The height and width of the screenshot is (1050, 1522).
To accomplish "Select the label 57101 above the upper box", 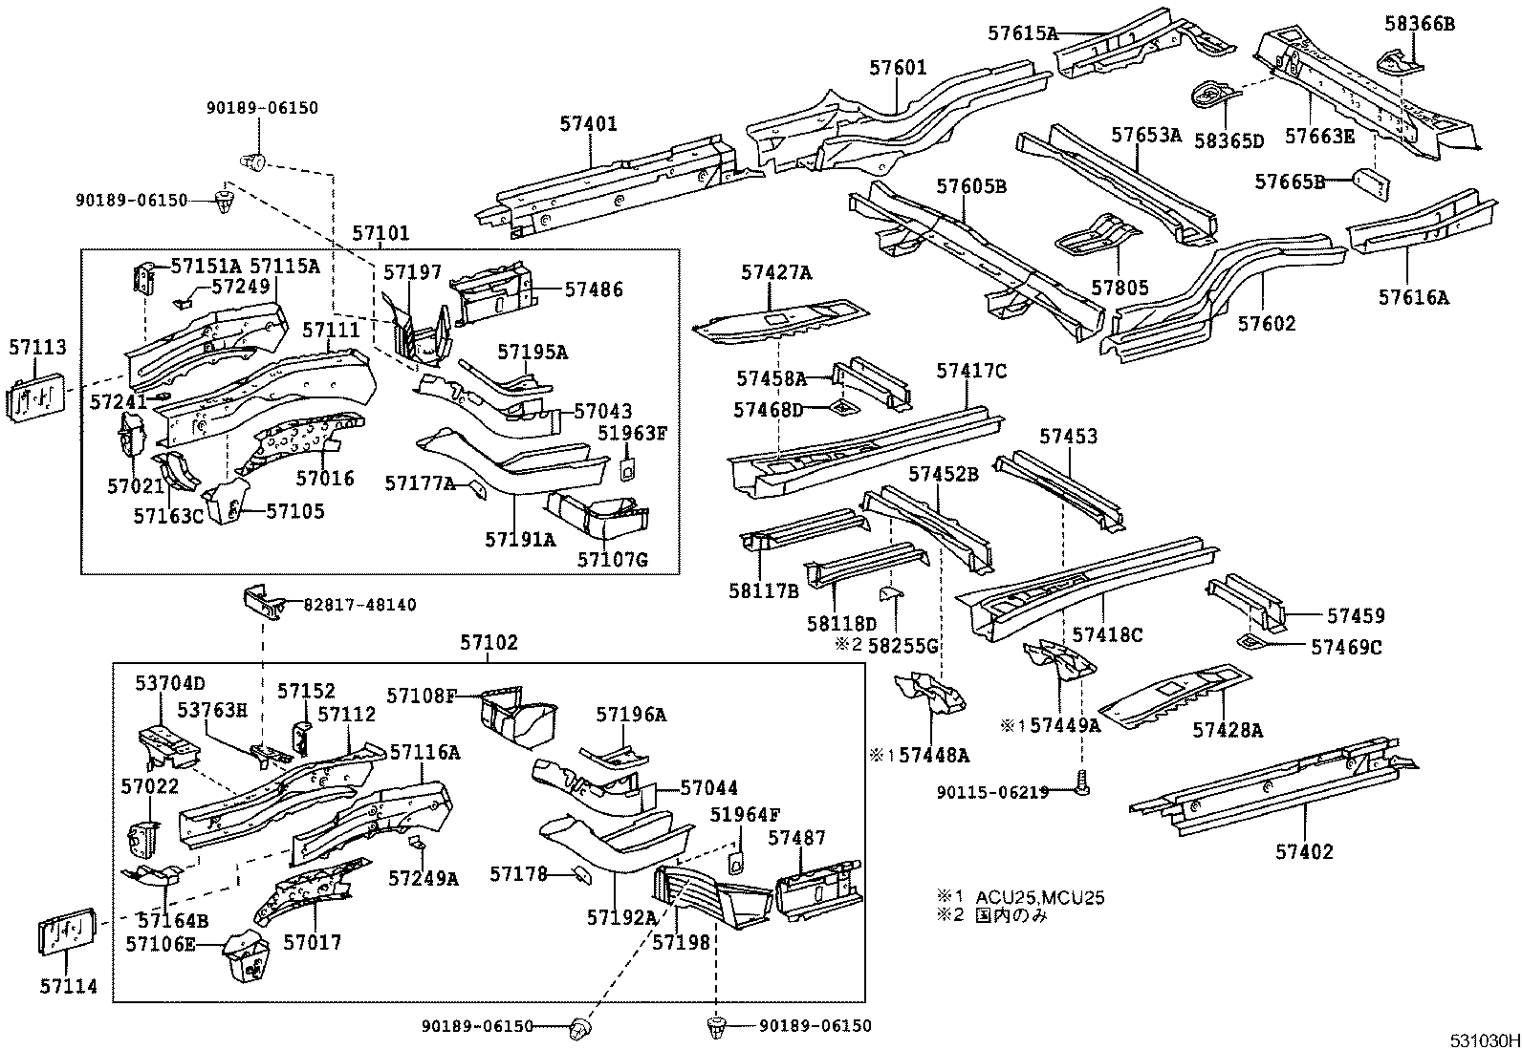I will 380,233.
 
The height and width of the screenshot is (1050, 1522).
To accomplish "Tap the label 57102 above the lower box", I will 489,643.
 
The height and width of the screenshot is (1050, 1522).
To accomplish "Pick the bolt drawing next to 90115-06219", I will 1081,782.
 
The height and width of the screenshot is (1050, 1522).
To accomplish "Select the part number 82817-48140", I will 359,605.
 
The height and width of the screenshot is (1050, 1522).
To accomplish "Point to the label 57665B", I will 1289,182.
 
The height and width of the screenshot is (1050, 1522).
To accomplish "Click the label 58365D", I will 1228,141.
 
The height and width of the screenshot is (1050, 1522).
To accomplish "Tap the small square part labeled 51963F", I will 629,470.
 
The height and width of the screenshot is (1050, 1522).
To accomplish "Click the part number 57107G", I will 612,559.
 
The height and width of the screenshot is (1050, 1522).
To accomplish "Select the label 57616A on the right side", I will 1413,297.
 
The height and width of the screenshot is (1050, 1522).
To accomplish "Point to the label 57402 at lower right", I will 1303,851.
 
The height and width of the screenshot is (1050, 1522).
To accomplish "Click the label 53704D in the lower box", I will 169,683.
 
